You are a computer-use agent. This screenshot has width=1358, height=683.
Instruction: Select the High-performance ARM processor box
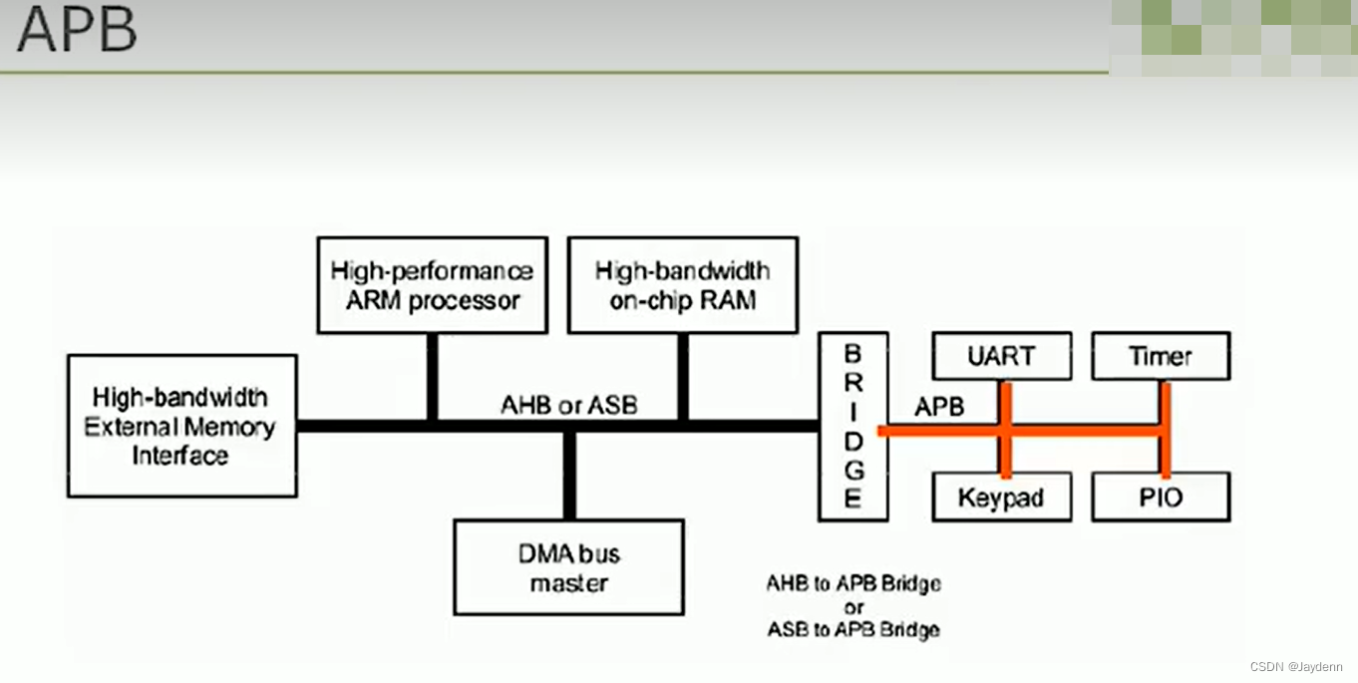432,285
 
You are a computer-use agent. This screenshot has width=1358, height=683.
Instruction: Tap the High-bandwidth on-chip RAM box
682,285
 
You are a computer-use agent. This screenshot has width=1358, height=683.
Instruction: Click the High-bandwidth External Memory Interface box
181,426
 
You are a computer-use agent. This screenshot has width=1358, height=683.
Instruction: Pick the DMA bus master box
568,567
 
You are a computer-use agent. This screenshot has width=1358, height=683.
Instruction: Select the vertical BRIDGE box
852,426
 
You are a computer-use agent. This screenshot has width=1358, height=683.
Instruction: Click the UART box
1001,356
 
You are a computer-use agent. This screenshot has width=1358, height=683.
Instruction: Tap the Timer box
1161,356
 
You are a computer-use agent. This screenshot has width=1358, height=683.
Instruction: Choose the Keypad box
1001,497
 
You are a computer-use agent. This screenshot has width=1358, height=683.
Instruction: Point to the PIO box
1161,497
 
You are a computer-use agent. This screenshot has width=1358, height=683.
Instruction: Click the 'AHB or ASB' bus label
568,405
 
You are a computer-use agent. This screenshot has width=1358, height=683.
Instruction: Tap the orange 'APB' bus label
938,407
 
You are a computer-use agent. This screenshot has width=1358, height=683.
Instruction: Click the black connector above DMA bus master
568,476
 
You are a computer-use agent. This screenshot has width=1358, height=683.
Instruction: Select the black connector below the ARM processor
432,376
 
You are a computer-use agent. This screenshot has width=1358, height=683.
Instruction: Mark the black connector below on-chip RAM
683,376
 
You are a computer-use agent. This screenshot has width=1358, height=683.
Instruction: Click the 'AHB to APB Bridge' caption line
853,583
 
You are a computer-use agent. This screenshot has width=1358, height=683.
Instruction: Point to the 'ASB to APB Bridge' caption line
853,630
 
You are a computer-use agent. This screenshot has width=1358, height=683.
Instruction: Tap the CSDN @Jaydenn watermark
1295,666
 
